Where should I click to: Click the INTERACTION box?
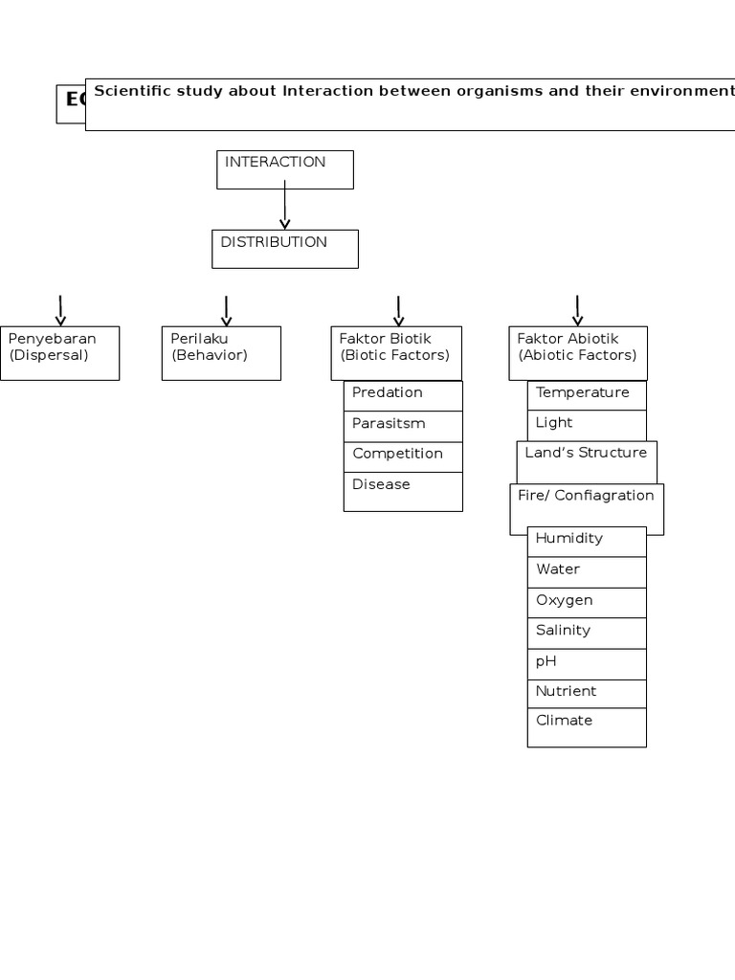pos(284,169)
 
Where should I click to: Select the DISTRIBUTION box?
pos(284,249)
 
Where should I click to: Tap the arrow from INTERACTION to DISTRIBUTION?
pos(284,209)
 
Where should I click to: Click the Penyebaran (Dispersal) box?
pos(59,353)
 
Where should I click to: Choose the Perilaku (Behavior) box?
pos(221,353)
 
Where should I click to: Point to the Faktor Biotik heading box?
pos(395,352)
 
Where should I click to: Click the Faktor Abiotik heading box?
pos(577,352)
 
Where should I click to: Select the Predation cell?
pos(403,395)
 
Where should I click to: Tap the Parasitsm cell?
pos(403,426)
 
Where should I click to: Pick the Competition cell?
pos(403,457)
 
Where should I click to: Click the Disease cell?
pos(403,491)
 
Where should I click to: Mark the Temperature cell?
pos(587,395)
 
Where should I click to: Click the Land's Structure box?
pos(587,461)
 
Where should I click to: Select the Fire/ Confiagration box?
pos(587,508)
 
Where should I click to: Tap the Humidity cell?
pos(587,542)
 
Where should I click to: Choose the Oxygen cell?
pos(587,602)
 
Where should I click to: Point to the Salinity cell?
pos(587,633)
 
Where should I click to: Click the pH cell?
pos(587,663)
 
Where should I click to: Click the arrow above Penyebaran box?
pos(60,311)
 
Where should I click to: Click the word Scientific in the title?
pos(134,92)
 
